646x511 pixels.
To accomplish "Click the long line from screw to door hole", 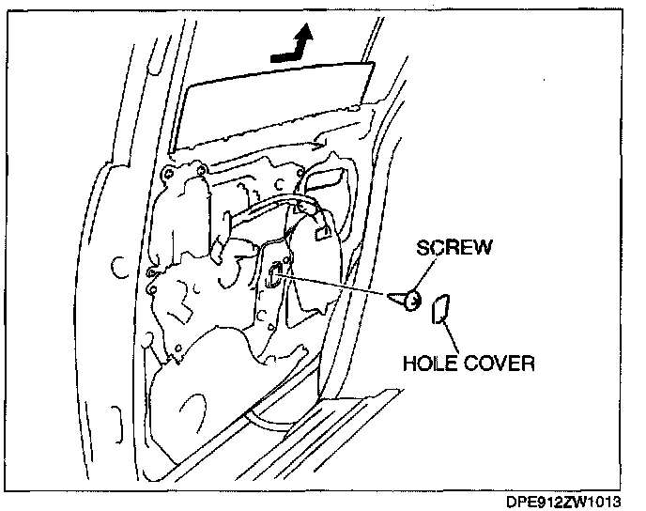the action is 338,286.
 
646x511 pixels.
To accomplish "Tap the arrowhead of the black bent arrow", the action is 302,34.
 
